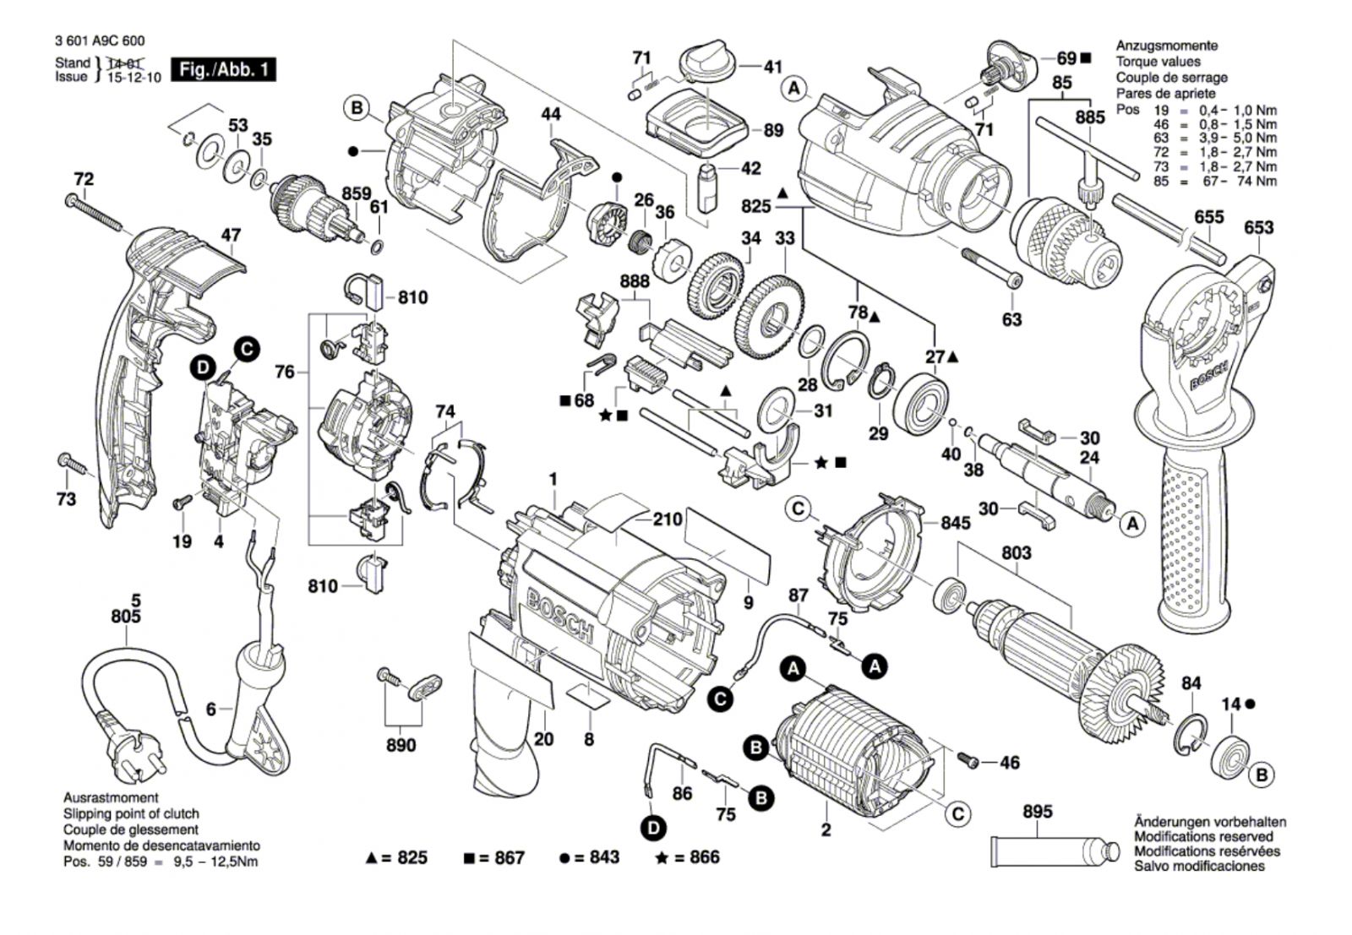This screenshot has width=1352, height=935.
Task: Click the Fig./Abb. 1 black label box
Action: (x=223, y=69)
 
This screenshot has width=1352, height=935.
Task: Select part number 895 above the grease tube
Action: (x=1037, y=812)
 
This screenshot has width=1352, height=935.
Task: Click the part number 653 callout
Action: (x=1258, y=227)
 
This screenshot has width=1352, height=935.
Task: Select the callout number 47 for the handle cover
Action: (x=231, y=236)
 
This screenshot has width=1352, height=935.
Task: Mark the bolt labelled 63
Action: (x=992, y=268)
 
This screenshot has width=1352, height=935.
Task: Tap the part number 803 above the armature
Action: (x=1016, y=552)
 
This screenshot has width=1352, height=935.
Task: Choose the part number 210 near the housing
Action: (x=668, y=519)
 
